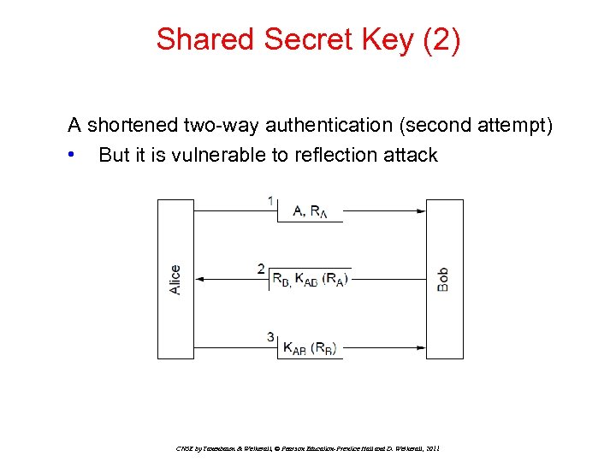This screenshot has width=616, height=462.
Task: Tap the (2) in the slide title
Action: pos(441,39)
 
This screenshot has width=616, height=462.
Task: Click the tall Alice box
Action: pos(175,279)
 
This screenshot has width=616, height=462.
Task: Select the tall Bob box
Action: pos(444,279)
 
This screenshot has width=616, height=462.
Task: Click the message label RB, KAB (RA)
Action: pos(309,278)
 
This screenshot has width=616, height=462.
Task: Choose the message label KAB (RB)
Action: pos(309,347)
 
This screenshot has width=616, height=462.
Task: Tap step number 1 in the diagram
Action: pos(271,201)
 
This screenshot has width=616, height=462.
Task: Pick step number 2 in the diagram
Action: pos(262,269)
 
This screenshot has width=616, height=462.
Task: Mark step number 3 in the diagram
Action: pos(270,337)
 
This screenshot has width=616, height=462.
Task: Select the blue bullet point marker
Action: pos(76,155)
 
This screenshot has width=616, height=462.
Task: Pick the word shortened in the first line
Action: pos(133,126)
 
